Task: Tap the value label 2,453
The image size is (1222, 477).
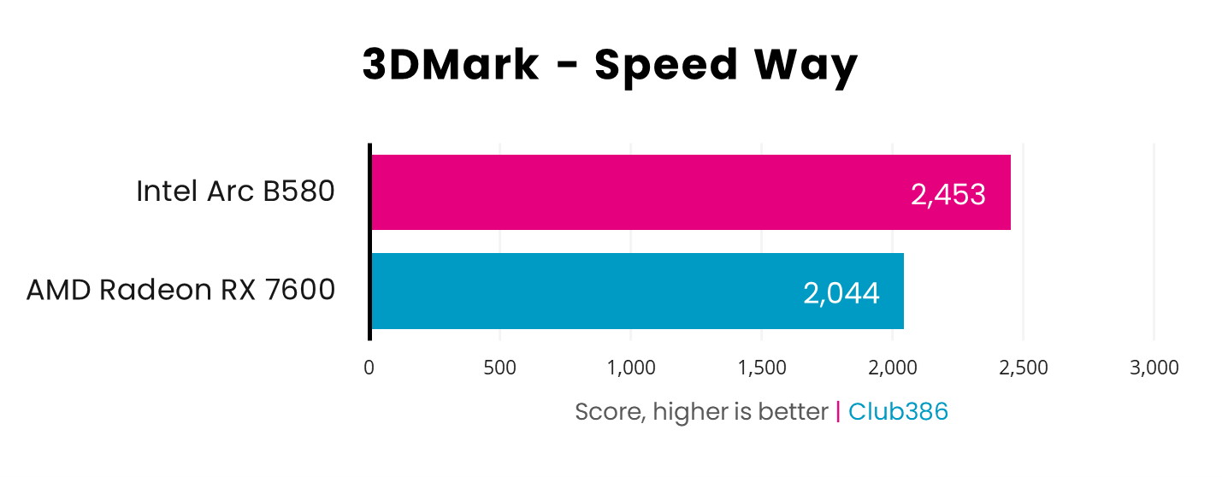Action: pos(948,195)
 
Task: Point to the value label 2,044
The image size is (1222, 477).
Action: pos(841,293)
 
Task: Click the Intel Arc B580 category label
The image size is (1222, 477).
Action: pos(235,191)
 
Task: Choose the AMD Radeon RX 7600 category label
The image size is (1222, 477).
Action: pos(180,291)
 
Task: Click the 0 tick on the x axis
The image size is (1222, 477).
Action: pos(369,368)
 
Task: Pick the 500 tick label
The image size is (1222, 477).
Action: pos(499,368)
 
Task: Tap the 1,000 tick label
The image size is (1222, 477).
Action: pos(631,368)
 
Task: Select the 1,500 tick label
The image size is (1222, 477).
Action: pos(762,368)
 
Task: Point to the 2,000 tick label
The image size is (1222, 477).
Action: pos(893,368)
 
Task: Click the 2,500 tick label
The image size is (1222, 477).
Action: pos(1024,368)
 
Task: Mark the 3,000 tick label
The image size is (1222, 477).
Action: pos(1154,368)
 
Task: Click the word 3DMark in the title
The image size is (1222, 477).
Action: pos(451,66)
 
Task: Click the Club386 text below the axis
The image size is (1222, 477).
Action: pos(898,412)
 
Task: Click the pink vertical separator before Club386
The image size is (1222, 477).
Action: pos(838,412)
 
